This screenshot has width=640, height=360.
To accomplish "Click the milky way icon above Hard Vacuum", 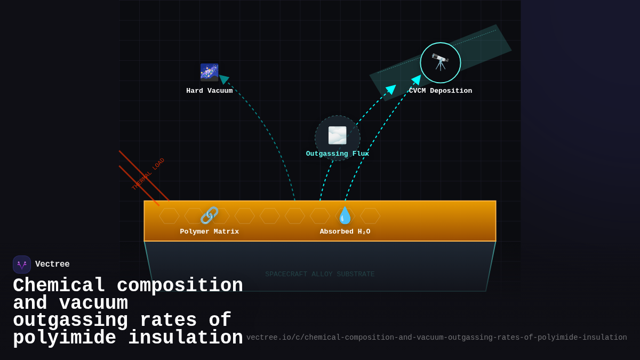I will [x=209, y=73].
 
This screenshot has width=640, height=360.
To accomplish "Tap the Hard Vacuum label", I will [x=209, y=91].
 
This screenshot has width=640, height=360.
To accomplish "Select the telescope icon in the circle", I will [x=440, y=62].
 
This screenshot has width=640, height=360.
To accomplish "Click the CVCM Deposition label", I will [x=441, y=91].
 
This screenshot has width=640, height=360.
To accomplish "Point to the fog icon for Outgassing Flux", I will [x=337, y=135].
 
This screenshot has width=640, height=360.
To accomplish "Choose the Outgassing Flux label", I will [x=337, y=154].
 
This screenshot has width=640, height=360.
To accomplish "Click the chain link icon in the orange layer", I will [x=209, y=215].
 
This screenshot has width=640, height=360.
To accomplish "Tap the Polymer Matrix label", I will [x=209, y=231].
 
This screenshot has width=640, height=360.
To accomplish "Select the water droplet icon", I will [x=345, y=215].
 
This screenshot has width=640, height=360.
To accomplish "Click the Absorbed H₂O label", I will [x=345, y=231].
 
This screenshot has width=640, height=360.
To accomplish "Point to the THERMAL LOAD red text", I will [x=148, y=174].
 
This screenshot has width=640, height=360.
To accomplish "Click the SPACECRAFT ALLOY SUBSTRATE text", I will [x=320, y=274].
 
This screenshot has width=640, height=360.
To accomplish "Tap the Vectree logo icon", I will [x=22, y=265].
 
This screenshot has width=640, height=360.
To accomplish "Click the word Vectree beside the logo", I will [x=52, y=265].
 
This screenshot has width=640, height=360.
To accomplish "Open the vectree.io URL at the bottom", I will [x=436, y=338].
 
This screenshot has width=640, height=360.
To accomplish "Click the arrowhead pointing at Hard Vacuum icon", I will [x=224, y=79].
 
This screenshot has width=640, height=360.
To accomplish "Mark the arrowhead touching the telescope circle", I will [x=417, y=79].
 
